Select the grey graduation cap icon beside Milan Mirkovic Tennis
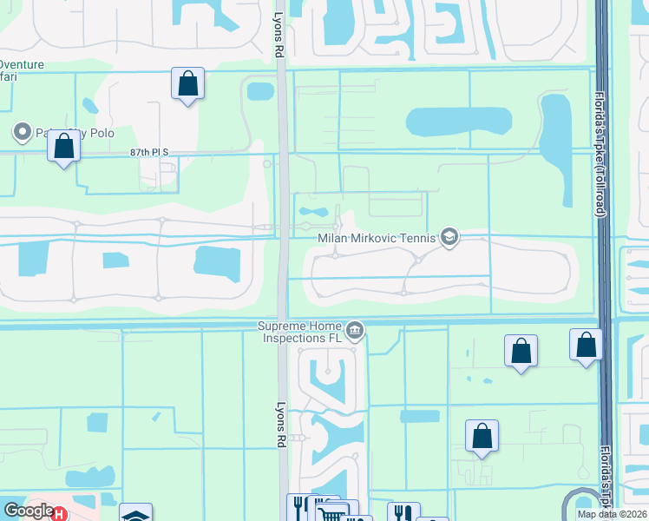[449, 237]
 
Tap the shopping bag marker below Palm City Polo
[63, 146]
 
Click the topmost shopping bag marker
[187, 84]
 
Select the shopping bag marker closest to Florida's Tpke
[587, 345]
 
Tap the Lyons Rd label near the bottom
[280, 425]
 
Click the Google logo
[28, 511]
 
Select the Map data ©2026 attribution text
[613, 514]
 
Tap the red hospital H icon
[59, 514]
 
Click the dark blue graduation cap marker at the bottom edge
[135, 514]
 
